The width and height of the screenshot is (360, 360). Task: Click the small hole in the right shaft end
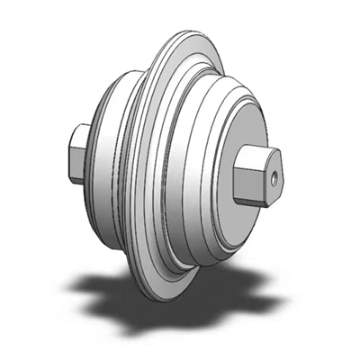pos(271,179)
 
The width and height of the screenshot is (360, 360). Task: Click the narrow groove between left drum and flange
pos(135,171)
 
